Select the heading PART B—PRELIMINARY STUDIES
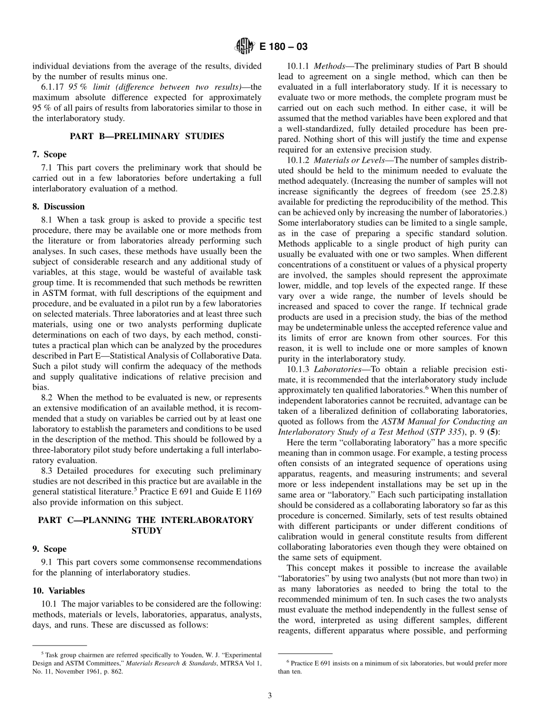147,136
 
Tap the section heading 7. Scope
49,154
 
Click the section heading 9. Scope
49,549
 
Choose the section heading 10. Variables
58,591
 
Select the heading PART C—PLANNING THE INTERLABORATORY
147,519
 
